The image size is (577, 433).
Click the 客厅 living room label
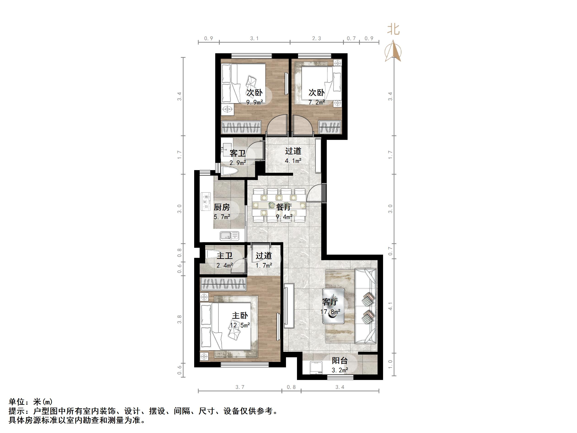click(330, 302)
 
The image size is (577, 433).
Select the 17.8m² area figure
click(330, 312)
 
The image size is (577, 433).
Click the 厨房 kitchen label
click(222, 207)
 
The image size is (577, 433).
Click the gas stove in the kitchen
click(206, 201)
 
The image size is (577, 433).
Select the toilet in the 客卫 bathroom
click(229, 171)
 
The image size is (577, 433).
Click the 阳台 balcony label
click(340, 361)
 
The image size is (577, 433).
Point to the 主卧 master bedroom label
click(240, 315)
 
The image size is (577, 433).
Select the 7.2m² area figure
click(317, 102)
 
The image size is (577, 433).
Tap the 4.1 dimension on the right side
click(390, 306)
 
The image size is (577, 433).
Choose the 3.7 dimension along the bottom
click(240, 387)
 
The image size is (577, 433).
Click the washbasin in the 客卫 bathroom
click(225, 148)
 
